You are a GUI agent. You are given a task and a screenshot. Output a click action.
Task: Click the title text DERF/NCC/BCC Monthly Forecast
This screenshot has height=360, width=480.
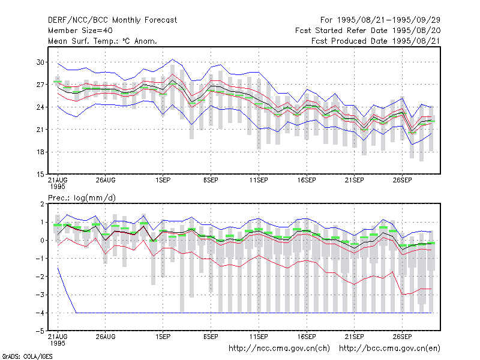coord(112,20)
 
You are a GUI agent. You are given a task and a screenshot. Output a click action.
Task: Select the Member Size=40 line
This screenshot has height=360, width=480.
coord(80,31)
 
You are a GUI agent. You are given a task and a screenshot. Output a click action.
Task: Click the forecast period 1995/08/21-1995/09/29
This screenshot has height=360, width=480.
coord(380,20)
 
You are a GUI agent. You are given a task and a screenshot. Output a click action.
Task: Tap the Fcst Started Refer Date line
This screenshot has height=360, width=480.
coord(368,31)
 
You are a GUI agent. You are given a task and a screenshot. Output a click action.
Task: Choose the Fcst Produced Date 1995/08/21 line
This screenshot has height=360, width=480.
coord(376,41)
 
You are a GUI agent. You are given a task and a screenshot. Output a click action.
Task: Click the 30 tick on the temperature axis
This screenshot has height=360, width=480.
coord(40,62)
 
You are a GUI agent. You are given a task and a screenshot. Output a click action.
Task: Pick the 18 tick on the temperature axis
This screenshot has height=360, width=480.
coord(40,152)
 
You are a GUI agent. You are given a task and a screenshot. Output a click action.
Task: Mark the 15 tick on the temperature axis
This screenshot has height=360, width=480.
coord(40,175)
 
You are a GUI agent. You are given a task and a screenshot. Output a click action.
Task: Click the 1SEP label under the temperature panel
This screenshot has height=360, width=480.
coord(163,180)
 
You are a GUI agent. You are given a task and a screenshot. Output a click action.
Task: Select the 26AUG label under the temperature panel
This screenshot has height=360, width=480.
coord(106,180)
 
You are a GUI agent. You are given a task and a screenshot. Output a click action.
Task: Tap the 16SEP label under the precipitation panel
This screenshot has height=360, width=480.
coord(307,337)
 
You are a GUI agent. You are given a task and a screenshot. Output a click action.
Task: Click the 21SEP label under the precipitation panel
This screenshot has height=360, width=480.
coord(355,337)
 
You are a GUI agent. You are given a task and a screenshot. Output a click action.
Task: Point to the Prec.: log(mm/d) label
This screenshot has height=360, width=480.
coord(82,198)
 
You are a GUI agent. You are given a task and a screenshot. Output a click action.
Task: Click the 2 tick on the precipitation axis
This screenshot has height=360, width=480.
coord(42,204)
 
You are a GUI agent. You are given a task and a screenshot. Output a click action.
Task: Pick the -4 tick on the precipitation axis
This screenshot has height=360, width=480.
coord(40,313)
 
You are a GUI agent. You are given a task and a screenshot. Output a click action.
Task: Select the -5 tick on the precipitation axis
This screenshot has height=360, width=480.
coord(40,331)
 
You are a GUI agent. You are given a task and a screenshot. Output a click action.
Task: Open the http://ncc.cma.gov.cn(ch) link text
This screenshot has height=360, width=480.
coord(280,349)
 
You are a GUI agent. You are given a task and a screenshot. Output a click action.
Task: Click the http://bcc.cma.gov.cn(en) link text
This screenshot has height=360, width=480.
coord(389,349)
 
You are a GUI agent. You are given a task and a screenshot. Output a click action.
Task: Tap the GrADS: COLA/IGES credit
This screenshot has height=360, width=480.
coord(27,356)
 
